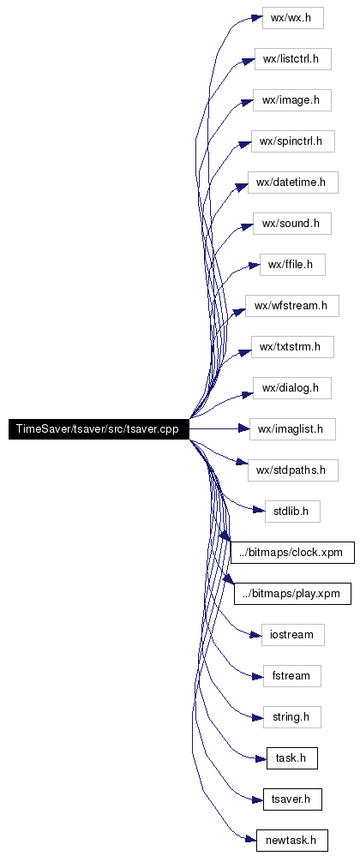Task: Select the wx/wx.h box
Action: tap(293, 18)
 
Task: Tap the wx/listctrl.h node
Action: tap(293, 59)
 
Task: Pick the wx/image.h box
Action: tap(291, 100)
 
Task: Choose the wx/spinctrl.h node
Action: tap(293, 141)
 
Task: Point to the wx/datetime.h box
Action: tap(293, 183)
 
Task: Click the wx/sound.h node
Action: tap(291, 224)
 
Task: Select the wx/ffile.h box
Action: tap(293, 265)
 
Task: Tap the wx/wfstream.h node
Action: tap(292, 306)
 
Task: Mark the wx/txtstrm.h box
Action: tap(292, 347)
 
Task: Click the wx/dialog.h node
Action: tap(292, 388)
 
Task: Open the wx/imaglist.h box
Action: tap(292, 429)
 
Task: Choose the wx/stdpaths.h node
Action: tap(293, 470)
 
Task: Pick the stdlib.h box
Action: tap(292, 512)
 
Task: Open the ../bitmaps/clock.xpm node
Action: tap(293, 553)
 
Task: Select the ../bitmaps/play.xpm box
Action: tap(292, 594)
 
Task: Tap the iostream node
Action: tap(293, 635)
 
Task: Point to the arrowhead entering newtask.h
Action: tap(251, 841)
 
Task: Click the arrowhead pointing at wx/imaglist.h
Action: tap(243, 429)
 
